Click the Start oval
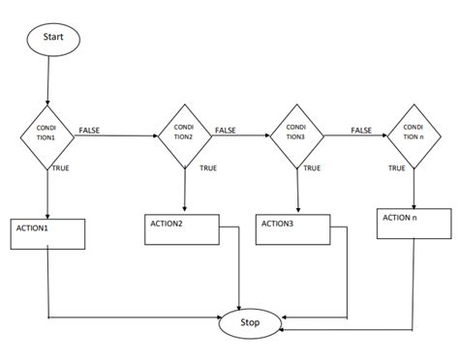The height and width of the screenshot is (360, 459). coord(54,40)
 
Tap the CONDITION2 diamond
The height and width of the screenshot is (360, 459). coord(184,135)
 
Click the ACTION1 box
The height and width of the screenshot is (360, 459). coord(48,238)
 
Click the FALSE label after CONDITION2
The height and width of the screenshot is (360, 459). coord(226,130)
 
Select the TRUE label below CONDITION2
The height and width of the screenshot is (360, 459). coord(207,167)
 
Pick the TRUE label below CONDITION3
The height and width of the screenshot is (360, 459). coord(312,167)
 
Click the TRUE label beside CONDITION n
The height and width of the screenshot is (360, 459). coord(397,167)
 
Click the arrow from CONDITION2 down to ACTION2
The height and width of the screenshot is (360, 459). coord(184,191)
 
